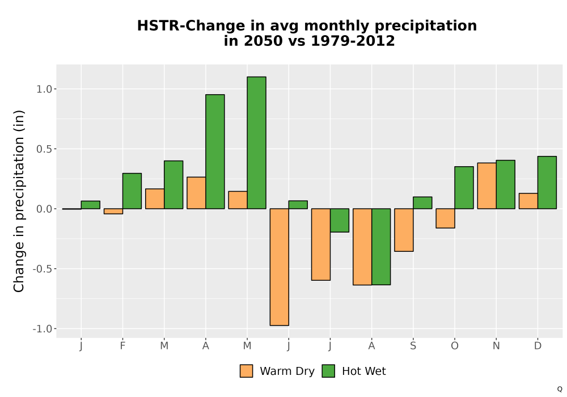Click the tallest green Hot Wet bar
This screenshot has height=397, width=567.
point(257,143)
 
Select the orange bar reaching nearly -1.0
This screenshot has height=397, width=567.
point(280,267)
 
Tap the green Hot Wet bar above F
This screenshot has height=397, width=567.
point(132,191)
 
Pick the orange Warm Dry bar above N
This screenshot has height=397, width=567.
point(486,186)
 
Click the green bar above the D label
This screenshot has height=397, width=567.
point(547,183)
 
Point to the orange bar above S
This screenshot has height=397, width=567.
point(404,230)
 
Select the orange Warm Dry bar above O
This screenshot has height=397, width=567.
point(445,218)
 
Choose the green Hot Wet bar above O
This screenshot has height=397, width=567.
point(464,188)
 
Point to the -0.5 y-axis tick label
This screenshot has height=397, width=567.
point(43,269)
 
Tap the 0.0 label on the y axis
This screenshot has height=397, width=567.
point(44,209)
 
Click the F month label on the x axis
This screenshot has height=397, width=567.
point(122,346)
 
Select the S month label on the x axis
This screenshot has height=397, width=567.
point(413,346)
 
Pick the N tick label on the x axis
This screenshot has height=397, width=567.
point(496,346)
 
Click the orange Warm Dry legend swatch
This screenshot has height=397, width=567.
point(246,371)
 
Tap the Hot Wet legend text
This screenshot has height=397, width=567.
point(364,371)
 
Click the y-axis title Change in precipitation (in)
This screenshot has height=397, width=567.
point(19,201)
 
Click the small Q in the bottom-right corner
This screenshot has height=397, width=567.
point(560,390)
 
